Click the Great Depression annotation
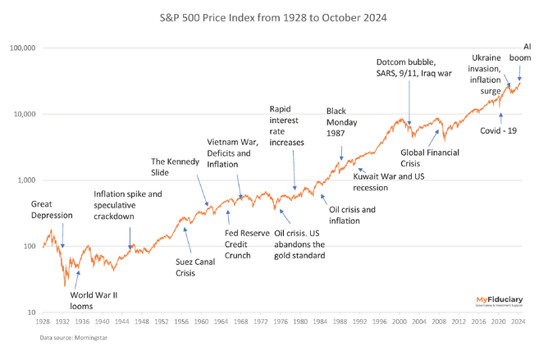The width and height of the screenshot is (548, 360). click(52, 210)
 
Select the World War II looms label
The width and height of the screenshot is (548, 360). click(92, 300)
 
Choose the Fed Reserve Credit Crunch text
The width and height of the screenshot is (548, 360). click(247, 239)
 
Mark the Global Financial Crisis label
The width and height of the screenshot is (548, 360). click(430, 158)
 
